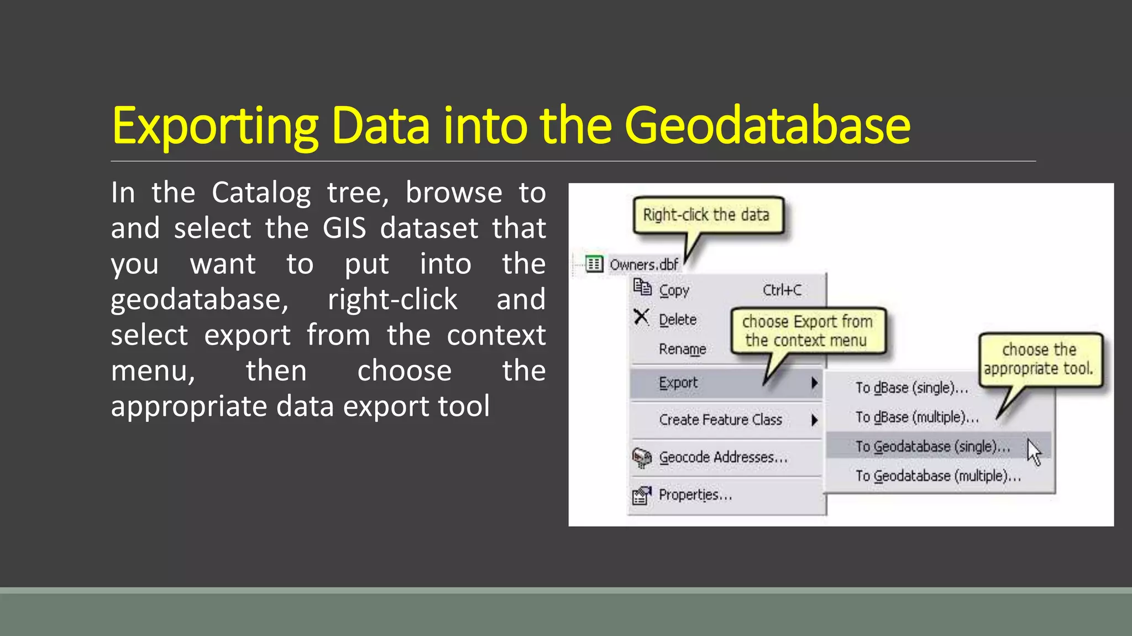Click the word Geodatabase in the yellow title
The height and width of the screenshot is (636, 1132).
pos(767,126)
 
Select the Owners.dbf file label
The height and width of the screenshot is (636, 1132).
pos(643,265)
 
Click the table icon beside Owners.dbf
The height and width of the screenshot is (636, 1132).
pos(594,264)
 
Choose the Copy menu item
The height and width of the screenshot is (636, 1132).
pos(674,290)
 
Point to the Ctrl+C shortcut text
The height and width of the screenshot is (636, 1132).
pos(782,290)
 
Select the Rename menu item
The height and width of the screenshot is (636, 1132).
pos(682,349)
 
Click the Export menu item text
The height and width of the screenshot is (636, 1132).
pos(678,383)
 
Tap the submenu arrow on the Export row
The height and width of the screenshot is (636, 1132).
pos(814,383)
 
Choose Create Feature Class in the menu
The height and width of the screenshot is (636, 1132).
pos(720,420)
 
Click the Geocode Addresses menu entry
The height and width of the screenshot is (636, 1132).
pos(722,457)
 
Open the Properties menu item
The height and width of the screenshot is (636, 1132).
pos(695,495)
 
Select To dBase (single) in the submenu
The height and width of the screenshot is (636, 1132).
pos(911,388)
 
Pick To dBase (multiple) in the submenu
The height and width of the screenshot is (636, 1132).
pos(916,417)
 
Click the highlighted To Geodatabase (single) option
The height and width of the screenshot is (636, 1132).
pos(932,446)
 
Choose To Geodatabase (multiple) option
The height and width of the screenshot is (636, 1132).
pos(937,475)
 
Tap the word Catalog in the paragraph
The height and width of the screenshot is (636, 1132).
pos(261,193)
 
